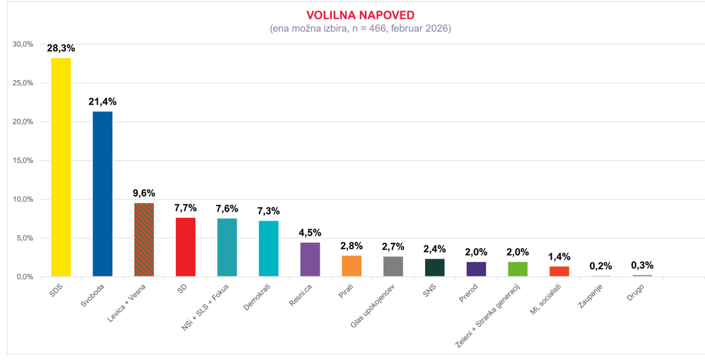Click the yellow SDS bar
pos(61,167)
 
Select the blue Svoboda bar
pos(102,194)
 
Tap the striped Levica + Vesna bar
pos(144,239)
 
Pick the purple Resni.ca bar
pos(310,259)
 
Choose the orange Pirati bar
pos(352,266)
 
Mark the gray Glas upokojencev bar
pos(393,266)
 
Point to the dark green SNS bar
pos(435,267)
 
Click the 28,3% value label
pos(61,49)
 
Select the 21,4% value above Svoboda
pos(102,102)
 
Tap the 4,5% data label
pos(310,233)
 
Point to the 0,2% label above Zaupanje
pos(601,266)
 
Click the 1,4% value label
pos(559,257)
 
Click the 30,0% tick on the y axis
pos(23,44)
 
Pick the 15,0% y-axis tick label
pos(23,161)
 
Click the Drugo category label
pos(635,289)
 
